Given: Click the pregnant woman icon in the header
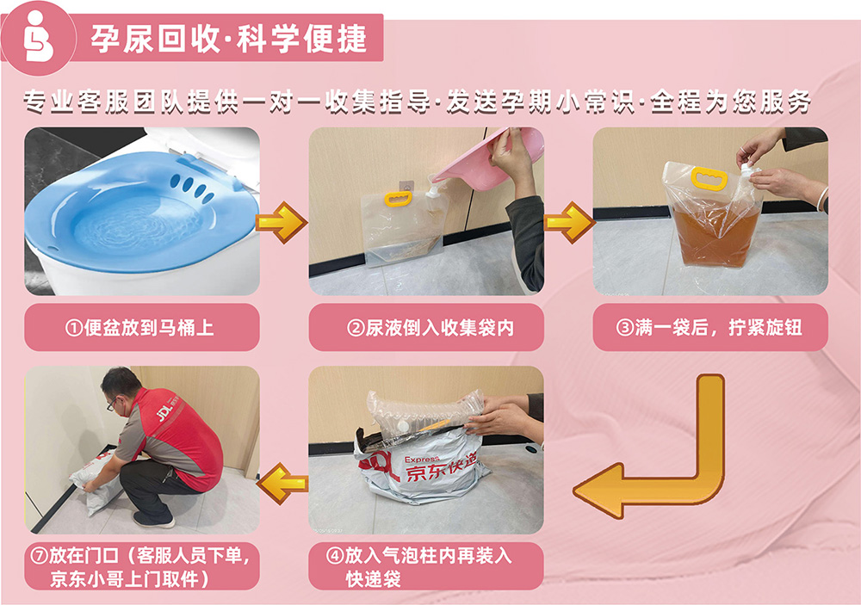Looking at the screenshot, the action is click(x=38, y=37).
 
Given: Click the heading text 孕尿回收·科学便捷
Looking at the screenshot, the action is click(x=228, y=39).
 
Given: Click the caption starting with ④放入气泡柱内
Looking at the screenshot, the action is click(x=418, y=566).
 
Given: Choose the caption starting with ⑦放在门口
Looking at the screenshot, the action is click(x=140, y=566).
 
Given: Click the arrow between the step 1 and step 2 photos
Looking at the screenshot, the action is click(x=282, y=222).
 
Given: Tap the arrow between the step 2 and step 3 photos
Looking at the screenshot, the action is click(x=569, y=222).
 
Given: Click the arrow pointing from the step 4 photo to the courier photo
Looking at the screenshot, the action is click(x=282, y=483).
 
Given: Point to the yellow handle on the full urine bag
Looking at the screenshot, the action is click(x=709, y=179).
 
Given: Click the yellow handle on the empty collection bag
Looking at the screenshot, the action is click(x=398, y=198).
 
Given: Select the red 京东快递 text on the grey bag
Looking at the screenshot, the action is click(x=440, y=467).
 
